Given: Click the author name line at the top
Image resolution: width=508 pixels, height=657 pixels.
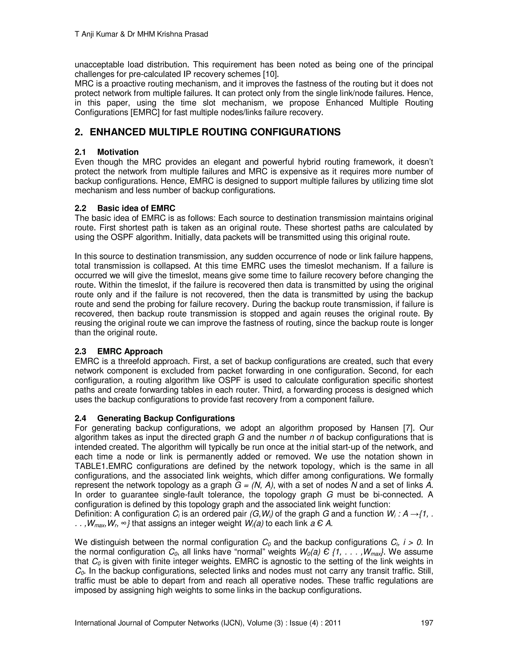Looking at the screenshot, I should coord(141,34).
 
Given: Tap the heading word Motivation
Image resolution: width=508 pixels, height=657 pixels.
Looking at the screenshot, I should coord(118,152).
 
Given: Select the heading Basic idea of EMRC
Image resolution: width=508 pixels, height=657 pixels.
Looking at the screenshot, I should coord(136,209).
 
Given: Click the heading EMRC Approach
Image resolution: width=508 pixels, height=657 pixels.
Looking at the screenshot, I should coord(130,352).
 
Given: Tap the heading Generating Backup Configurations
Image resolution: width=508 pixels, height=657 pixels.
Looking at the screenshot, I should coord(166,418).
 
